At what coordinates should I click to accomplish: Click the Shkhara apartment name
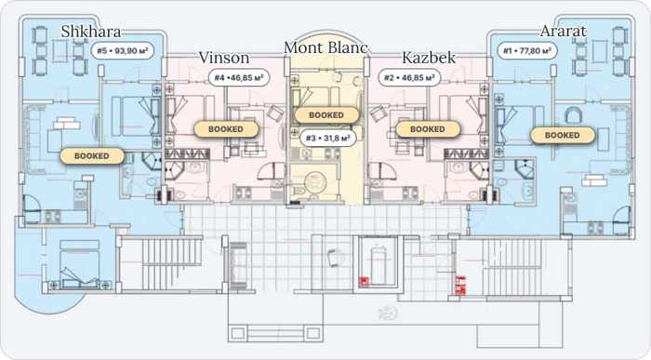[91, 31]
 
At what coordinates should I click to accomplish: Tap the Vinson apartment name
[224, 58]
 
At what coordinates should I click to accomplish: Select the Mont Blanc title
[325, 47]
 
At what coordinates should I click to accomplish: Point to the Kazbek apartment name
[429, 58]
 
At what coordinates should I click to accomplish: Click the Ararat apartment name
[564, 31]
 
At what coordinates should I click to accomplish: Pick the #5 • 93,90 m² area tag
[123, 50]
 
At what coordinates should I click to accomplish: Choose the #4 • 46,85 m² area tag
[239, 77]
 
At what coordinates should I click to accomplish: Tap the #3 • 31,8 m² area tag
[327, 138]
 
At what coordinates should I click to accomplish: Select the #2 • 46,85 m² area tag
[409, 77]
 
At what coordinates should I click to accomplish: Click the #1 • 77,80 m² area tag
[527, 50]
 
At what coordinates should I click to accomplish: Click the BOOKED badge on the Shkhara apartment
[92, 156]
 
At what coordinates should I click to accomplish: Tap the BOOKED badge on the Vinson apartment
[225, 129]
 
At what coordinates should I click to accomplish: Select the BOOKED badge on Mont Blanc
[326, 115]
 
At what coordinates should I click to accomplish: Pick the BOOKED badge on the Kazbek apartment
[428, 129]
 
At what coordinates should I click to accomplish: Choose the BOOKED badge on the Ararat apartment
[562, 136]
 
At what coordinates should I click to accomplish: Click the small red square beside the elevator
[364, 282]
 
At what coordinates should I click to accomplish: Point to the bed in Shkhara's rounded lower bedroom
[80, 263]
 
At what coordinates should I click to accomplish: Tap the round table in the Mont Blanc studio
[315, 182]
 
